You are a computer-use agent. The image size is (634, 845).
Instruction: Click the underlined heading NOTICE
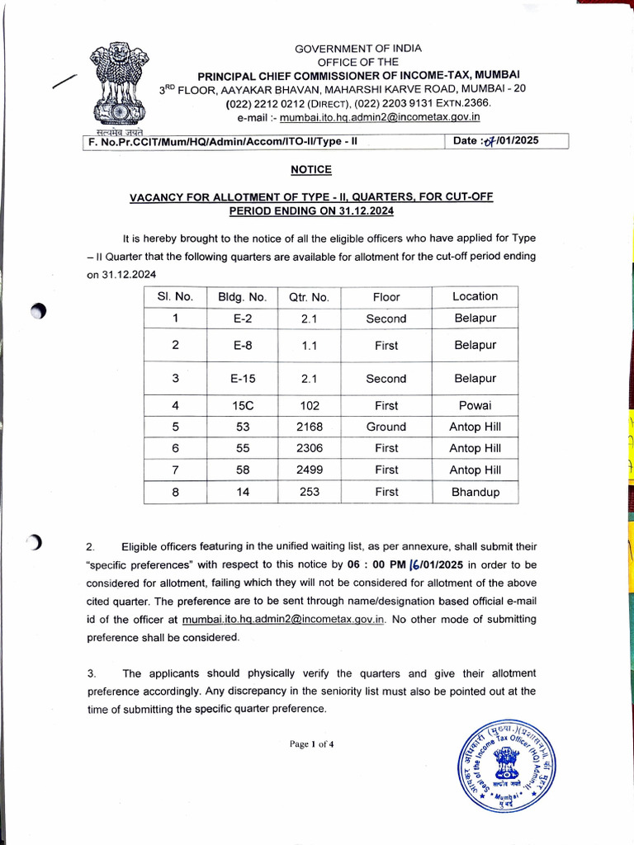311,169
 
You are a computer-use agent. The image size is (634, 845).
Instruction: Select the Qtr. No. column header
309,297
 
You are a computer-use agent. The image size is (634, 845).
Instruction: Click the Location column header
475,296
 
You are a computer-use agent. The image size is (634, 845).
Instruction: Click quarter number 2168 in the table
309,427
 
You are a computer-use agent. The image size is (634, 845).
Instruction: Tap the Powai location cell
475,405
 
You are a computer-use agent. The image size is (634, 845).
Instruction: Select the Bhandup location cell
475,492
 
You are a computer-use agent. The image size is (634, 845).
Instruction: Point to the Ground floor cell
386,427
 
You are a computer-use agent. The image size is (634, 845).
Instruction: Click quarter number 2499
309,470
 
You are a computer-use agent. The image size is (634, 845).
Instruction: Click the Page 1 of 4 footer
311,744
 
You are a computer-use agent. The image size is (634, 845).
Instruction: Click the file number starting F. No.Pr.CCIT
223,141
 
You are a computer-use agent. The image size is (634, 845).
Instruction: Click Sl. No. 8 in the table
175,492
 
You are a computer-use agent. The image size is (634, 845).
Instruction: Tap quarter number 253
309,492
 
